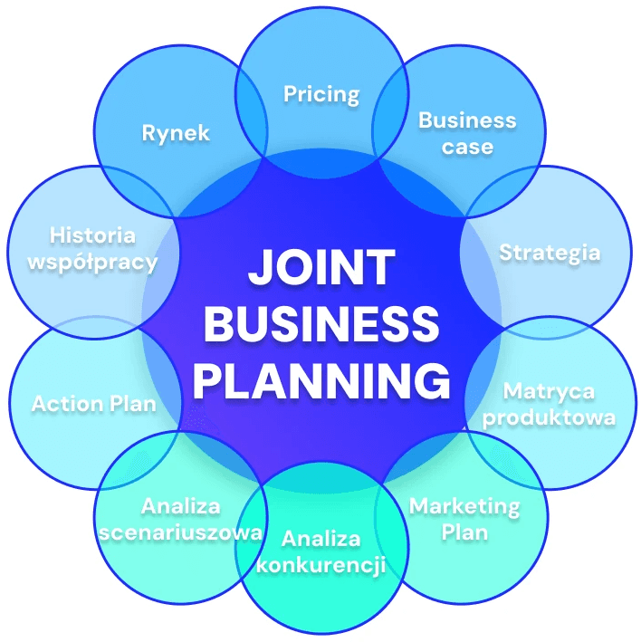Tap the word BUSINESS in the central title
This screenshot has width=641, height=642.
[321, 324]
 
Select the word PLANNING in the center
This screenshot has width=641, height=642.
[321, 380]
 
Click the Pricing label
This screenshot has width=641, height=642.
[321, 94]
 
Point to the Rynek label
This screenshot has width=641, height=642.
[176, 133]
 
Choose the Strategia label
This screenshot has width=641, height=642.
[550, 252]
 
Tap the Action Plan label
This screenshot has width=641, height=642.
[93, 403]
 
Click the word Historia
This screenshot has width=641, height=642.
[92, 235]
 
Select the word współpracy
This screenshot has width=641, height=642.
[92, 263]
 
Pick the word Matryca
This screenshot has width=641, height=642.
[549, 391]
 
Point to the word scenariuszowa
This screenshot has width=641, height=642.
[180, 532]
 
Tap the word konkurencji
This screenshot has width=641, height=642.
[321, 566]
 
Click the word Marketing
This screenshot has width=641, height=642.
[464, 504]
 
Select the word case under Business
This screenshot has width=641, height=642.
[467, 147]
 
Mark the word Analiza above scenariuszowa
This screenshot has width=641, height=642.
[180, 505]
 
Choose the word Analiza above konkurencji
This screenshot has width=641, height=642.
[321, 540]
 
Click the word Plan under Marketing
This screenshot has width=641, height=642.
[464, 532]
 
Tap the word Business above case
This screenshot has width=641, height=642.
[467, 120]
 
